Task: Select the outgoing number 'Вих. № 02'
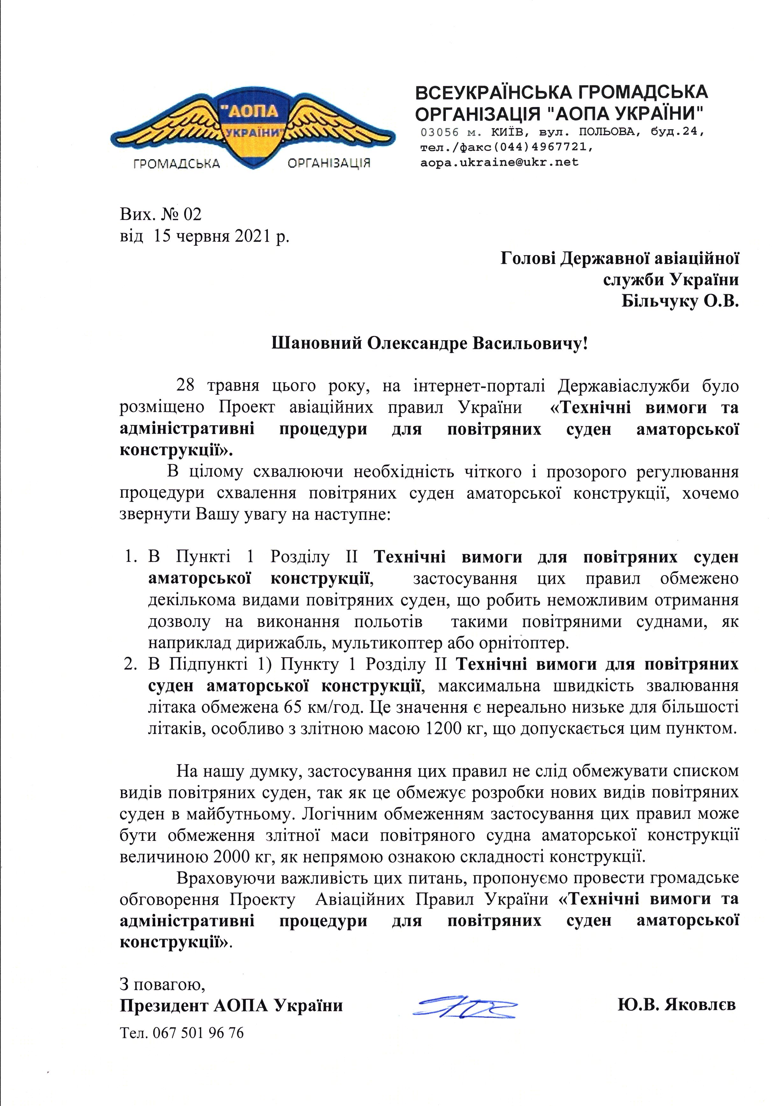[x=161, y=214]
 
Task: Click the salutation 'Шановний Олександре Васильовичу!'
[x=430, y=344]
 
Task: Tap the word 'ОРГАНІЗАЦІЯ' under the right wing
[x=329, y=163]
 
